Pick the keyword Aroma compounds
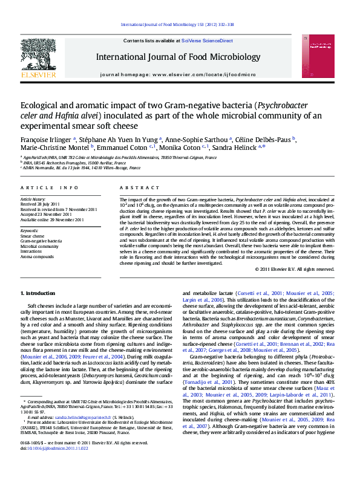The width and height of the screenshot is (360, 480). [x=38, y=256]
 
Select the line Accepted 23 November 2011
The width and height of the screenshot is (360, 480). [x=45, y=213]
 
